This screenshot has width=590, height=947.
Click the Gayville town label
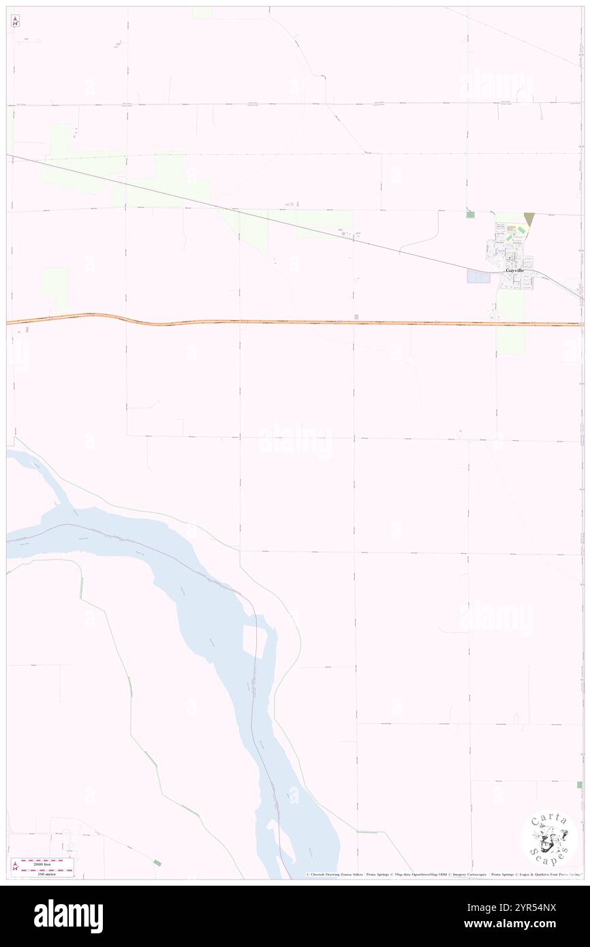click(515, 270)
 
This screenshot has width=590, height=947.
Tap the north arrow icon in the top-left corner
click(15, 21)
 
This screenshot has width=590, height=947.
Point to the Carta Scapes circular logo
click(549, 837)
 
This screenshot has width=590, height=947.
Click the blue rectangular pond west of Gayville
click(478, 277)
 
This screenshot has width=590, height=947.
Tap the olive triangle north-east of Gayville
click(529, 219)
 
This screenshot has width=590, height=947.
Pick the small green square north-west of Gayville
click(470, 215)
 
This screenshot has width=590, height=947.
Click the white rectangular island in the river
click(254, 641)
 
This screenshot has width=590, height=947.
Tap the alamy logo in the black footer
click(68, 915)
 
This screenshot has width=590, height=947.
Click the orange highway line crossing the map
click(293, 322)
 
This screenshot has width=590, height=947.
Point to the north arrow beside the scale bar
click(15, 867)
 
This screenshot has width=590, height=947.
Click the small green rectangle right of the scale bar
click(157, 863)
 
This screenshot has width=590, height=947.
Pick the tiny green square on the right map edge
click(579, 785)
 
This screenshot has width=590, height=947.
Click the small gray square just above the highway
click(356, 316)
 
